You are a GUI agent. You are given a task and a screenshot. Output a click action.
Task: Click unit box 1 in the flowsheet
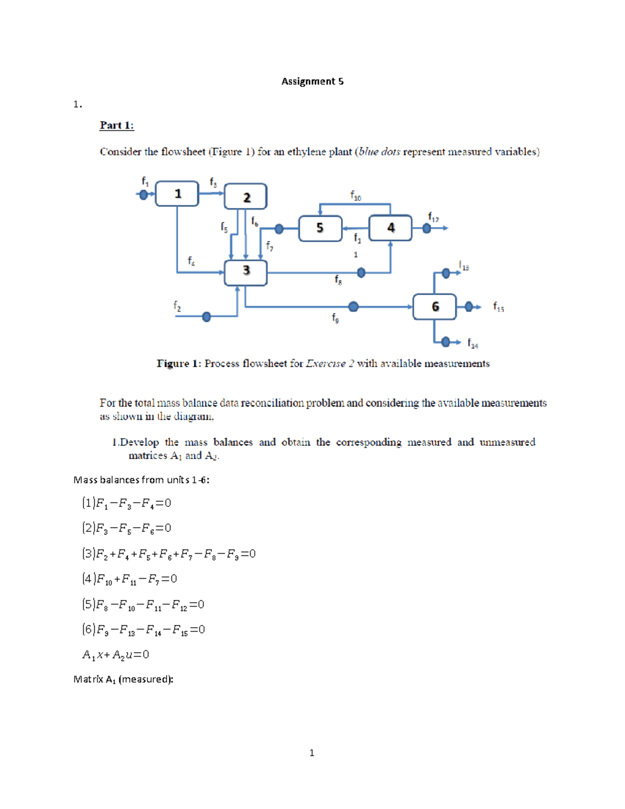point(177,194)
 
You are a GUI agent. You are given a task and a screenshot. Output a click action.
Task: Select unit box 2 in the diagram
point(246,197)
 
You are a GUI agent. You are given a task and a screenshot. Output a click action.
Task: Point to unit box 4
point(390,228)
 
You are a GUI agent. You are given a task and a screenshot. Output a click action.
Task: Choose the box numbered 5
point(320,228)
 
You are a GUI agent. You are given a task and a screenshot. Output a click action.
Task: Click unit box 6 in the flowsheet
point(434,307)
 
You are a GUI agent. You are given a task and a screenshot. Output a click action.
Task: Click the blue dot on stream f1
point(143,195)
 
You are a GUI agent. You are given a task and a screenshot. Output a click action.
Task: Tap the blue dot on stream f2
point(206,317)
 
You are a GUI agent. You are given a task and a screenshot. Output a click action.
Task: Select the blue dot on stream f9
point(353,307)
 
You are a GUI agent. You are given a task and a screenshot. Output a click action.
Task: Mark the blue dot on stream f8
point(361,272)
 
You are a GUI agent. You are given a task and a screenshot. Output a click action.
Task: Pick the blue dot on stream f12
point(427,228)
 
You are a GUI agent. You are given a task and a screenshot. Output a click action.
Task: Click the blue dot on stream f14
point(445,342)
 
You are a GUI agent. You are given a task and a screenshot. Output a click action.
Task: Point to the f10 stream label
point(355,196)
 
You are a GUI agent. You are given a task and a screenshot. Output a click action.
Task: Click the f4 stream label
point(191,260)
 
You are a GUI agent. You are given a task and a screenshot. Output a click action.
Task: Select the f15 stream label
point(498,307)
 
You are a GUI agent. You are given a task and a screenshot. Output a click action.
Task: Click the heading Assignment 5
point(312,81)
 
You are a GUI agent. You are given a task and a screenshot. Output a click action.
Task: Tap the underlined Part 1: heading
point(117,126)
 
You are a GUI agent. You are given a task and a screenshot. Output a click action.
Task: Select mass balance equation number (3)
point(169,554)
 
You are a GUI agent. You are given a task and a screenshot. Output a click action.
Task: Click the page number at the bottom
point(311,753)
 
